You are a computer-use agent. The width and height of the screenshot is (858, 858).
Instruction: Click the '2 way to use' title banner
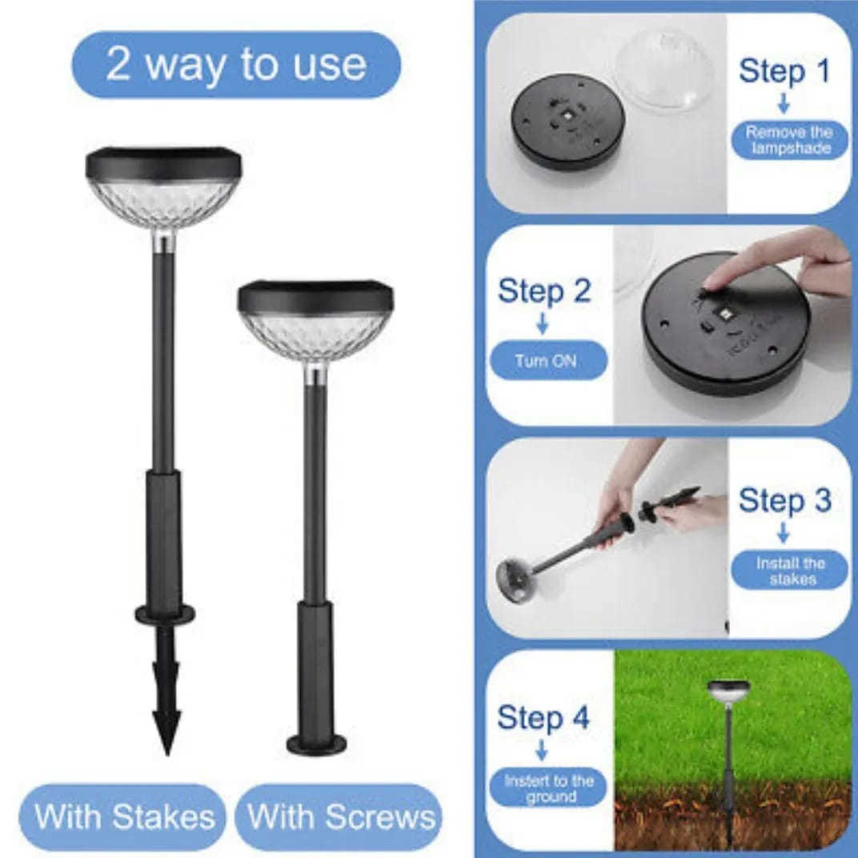coord(236,65)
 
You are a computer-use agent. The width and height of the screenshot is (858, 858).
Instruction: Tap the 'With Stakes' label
coord(124,817)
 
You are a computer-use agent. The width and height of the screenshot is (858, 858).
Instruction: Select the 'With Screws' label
coord(340,817)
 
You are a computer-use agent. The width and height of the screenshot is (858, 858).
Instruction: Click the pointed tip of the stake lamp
coord(166,754)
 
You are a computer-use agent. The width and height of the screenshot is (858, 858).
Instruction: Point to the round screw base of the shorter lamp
coord(317,744)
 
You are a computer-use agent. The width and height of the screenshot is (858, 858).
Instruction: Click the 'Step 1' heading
coord(784,71)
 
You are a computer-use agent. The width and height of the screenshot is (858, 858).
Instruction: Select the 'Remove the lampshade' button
coord(790,140)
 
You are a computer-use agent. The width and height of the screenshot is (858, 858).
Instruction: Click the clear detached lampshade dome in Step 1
coord(666,70)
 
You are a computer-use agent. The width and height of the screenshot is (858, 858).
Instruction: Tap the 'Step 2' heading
coord(544,291)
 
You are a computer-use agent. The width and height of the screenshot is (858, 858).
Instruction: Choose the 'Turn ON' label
coord(547,361)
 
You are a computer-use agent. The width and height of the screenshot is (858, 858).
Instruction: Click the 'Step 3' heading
coord(784,500)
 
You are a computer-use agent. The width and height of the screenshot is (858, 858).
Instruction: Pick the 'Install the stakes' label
coord(790,571)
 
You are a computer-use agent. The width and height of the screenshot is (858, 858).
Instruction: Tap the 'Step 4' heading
coord(543,717)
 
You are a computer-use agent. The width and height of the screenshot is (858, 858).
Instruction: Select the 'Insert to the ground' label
coord(548,788)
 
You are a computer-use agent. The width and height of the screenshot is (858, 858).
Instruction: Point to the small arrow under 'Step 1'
coord(784,103)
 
